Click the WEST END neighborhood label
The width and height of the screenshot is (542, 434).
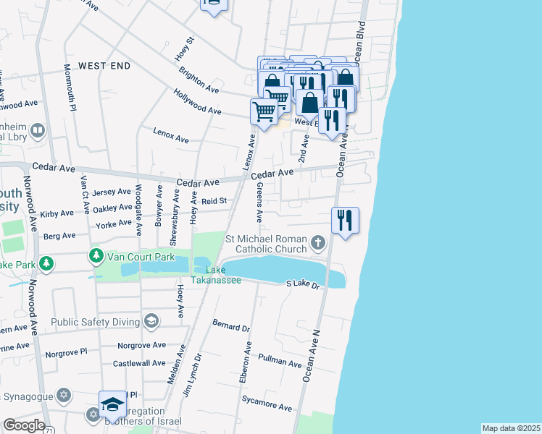(104, 66)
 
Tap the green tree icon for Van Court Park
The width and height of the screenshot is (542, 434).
(96, 255)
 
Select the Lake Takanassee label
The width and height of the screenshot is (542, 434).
(216, 275)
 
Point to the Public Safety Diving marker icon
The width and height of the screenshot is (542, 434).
(151, 320)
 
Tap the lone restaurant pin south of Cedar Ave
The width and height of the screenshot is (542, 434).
(344, 220)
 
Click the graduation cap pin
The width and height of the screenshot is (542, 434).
(112, 405)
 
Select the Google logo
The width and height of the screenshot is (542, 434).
(23, 425)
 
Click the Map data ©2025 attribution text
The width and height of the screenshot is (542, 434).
(511, 428)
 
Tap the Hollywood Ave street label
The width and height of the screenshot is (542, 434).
(197, 102)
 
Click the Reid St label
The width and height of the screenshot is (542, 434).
(214, 201)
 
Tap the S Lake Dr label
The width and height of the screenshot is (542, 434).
(303, 285)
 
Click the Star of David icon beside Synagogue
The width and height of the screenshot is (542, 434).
(64, 395)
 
